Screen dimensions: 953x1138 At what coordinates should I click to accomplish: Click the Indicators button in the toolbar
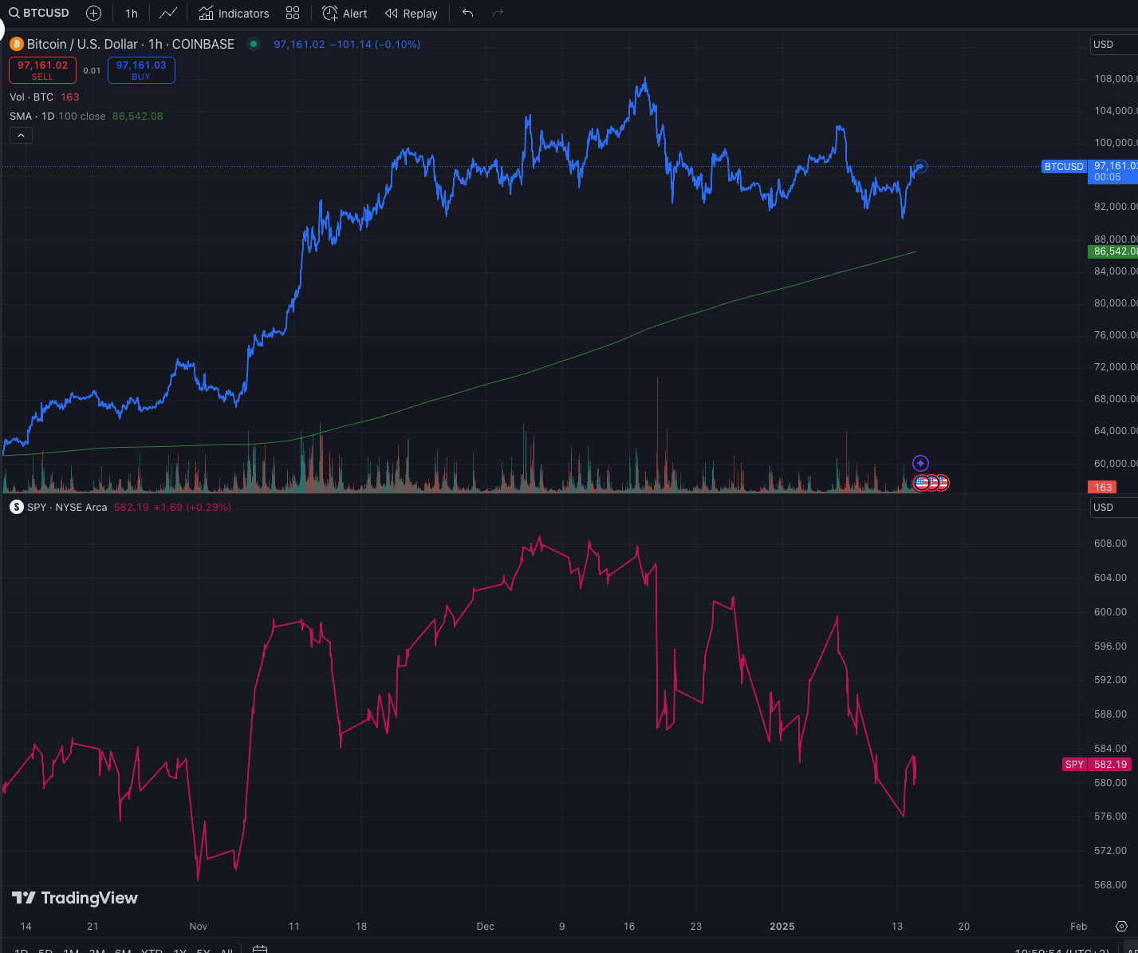(234, 14)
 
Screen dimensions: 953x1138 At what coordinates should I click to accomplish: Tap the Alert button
(345, 14)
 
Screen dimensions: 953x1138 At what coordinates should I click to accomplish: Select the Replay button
(411, 14)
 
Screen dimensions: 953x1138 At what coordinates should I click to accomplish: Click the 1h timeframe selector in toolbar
(132, 14)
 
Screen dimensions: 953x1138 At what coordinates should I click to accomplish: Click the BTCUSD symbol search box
(40, 14)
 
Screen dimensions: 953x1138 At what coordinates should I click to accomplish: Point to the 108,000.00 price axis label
(1115, 79)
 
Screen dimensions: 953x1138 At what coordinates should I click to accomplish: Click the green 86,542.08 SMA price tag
(1112, 251)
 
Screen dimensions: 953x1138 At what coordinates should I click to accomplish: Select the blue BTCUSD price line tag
(1064, 167)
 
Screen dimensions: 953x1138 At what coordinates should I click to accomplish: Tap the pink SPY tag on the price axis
(1074, 765)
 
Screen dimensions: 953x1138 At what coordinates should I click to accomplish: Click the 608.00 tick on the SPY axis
(1110, 544)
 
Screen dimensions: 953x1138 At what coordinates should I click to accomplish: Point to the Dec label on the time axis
(485, 927)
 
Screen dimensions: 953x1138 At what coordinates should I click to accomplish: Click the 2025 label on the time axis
(782, 927)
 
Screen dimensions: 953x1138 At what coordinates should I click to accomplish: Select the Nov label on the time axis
(198, 927)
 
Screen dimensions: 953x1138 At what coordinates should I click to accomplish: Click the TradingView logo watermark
(75, 898)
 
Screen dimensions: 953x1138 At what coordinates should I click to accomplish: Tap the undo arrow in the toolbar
(467, 14)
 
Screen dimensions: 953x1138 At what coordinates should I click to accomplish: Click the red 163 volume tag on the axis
(1103, 487)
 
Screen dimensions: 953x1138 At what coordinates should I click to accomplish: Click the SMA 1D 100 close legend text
(57, 117)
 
